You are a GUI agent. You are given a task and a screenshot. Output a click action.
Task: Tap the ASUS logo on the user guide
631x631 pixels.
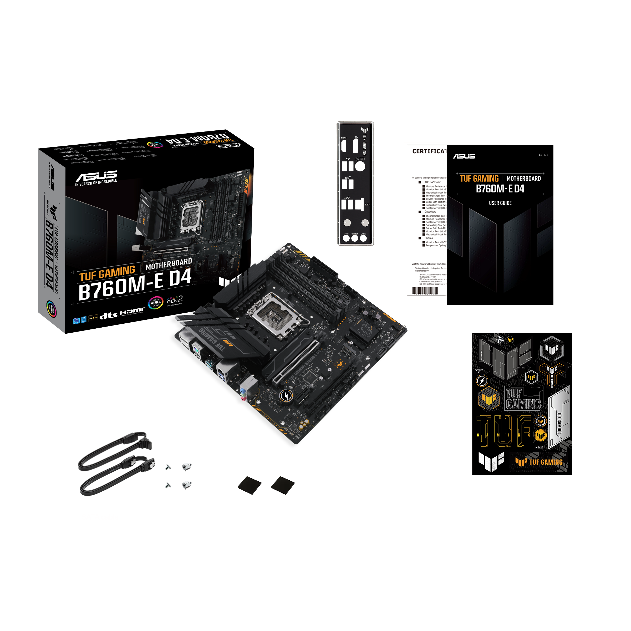tap(464, 156)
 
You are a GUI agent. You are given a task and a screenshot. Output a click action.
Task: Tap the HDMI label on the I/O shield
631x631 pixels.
tap(344, 138)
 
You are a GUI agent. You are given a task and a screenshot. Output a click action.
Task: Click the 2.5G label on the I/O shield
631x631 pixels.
tap(367, 205)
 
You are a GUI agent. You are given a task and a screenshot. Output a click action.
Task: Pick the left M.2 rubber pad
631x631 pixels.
tap(249, 485)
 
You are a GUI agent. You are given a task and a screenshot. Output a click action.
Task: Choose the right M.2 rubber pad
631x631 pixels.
tap(283, 485)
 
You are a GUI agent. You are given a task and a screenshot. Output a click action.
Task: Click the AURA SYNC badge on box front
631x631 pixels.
tap(156, 303)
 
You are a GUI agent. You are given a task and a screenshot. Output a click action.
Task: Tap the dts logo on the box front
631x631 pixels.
tap(108, 315)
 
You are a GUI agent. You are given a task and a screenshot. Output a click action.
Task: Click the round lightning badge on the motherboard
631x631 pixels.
tap(286, 395)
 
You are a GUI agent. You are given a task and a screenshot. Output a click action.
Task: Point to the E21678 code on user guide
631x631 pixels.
tap(543, 155)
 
